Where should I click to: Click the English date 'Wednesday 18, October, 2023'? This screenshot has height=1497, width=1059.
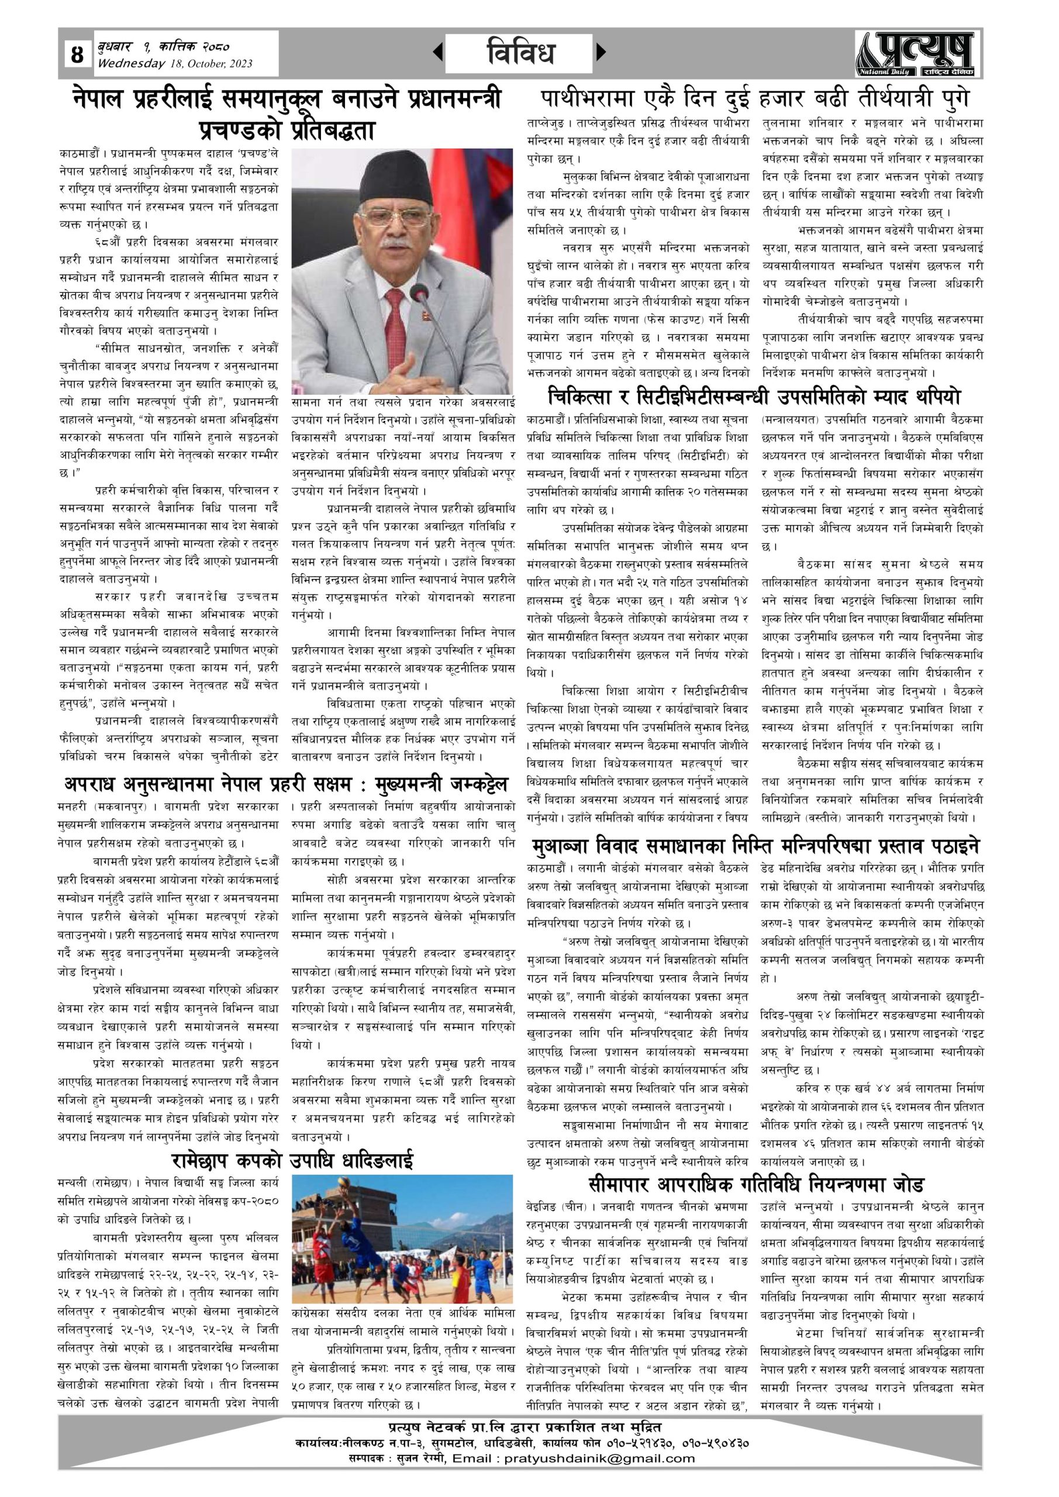coord(175,63)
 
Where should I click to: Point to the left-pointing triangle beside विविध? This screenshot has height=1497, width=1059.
coord(438,51)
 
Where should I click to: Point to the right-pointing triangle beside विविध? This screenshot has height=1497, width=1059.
coord(601,51)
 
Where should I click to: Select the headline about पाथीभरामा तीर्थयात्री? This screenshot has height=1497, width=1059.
coord(755,99)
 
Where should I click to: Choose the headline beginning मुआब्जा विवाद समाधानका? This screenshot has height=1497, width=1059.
coord(755,846)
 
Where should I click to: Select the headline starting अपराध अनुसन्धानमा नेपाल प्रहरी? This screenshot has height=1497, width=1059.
coord(285,783)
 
